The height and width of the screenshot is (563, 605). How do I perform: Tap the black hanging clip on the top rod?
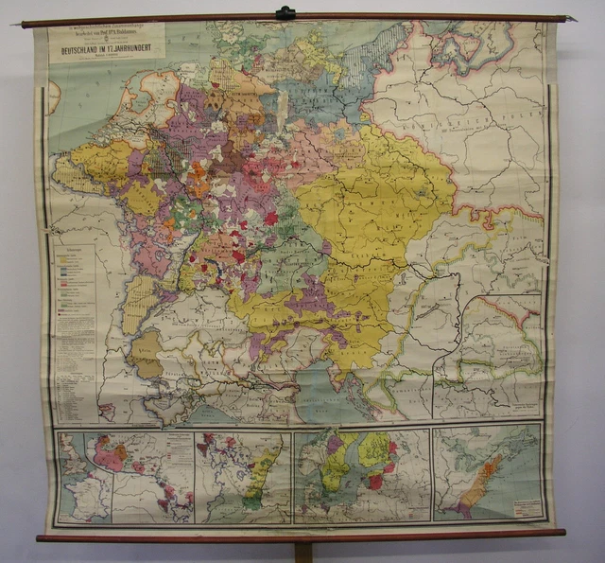tap(285, 13)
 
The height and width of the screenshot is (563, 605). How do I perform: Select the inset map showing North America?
tap(488, 473)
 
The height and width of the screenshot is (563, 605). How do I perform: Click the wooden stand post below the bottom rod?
tap(302, 552)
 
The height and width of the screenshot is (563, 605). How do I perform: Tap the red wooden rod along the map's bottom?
tap(302, 537)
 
